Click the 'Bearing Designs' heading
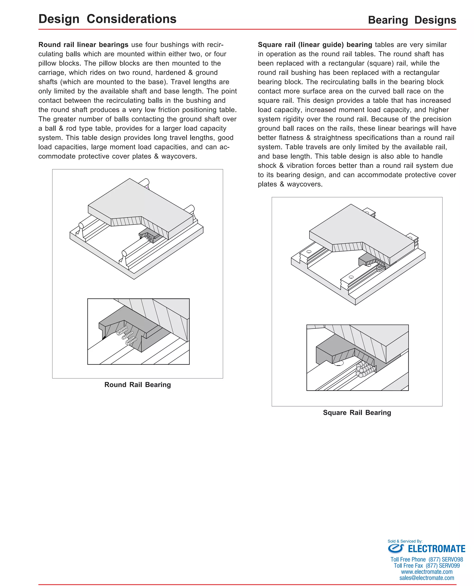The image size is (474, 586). point(412,20)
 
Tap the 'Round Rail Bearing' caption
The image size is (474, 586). point(138,385)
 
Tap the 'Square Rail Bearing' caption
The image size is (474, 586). point(357,413)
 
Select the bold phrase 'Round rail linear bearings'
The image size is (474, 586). point(83,44)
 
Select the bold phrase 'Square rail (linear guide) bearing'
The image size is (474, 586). point(315,44)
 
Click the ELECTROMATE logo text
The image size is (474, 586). point(436,549)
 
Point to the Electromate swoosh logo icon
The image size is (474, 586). point(396,548)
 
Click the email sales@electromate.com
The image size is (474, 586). point(427,578)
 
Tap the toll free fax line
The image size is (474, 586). point(427,566)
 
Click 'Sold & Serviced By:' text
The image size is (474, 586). point(405,541)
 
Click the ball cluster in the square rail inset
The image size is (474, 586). point(365,369)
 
